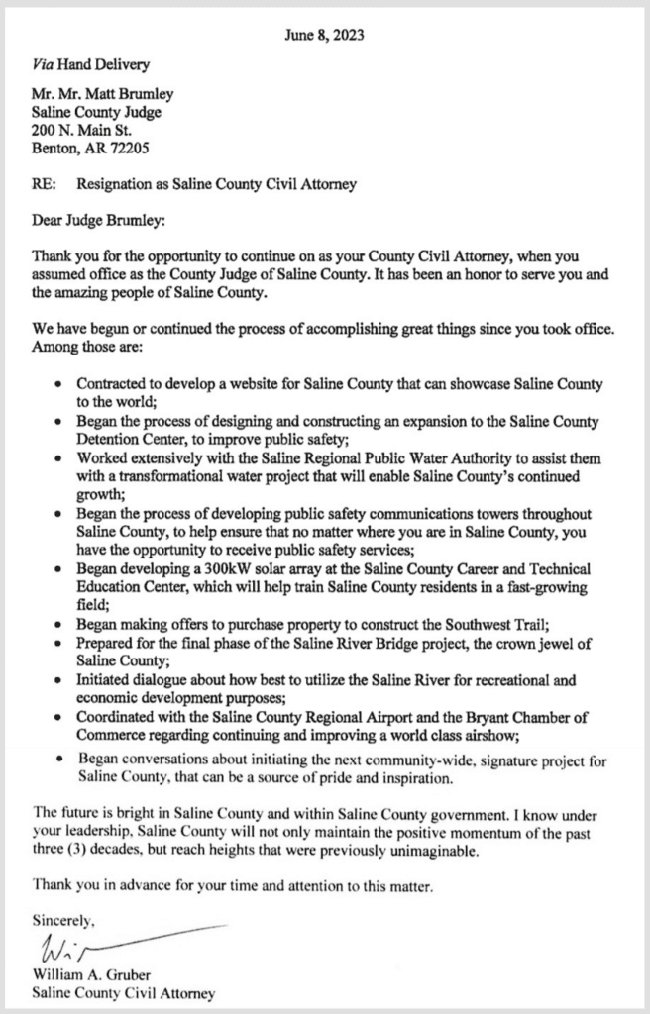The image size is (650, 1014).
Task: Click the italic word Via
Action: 45,65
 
